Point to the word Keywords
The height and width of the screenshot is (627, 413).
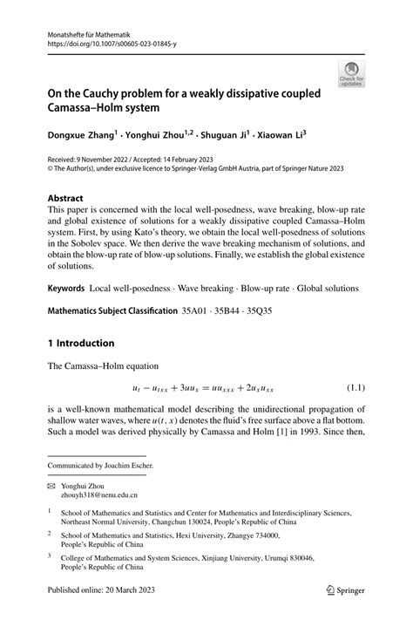(71, 288)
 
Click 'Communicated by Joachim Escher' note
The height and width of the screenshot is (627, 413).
(100, 465)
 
